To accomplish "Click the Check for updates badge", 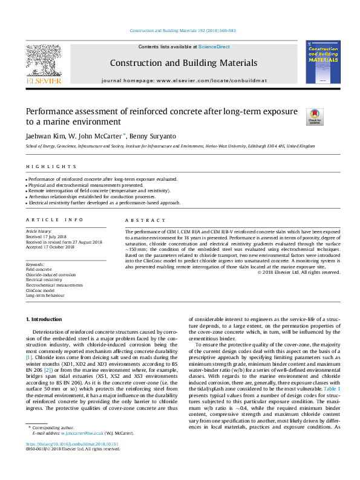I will (315, 116).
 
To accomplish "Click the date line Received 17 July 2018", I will (50, 236).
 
